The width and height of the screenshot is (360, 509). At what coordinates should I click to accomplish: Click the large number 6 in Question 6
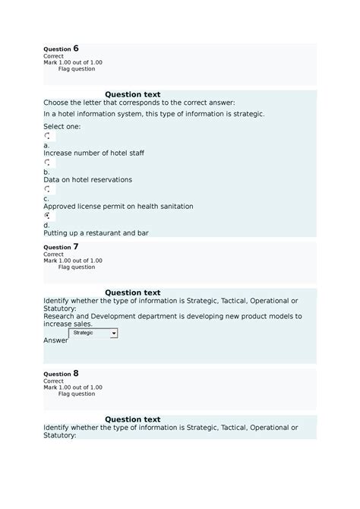pos(76,48)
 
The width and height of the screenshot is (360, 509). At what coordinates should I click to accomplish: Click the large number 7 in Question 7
pos(76,246)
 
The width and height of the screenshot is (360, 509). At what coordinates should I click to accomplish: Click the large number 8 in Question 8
pos(76,373)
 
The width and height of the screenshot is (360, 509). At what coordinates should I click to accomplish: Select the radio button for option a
pos(48,136)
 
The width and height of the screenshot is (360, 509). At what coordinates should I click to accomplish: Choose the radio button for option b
pos(48,163)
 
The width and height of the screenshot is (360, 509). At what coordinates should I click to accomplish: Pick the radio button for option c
pos(48,189)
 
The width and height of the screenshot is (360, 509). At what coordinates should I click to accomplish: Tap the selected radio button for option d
pos(48,216)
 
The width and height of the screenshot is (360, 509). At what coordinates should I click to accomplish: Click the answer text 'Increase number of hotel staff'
pos(93,153)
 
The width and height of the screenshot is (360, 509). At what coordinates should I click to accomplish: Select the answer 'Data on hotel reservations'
pos(87,179)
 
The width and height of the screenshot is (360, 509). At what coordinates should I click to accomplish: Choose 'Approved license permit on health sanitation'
pos(118,206)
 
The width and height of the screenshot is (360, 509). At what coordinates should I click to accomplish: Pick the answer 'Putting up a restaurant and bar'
pos(96,232)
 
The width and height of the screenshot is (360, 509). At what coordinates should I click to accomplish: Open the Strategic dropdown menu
pos(93,333)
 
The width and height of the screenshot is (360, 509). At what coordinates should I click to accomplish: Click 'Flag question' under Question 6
pos(77,69)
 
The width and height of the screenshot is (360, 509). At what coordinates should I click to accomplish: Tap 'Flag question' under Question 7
pos(77,267)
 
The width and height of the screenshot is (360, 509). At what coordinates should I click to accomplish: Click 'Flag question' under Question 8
pos(77,394)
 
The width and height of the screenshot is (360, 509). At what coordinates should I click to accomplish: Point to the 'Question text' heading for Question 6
pos(132,94)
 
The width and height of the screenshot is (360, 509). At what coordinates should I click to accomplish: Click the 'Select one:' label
pos(62,126)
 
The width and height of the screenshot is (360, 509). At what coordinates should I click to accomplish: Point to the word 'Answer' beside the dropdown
pos(55,340)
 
